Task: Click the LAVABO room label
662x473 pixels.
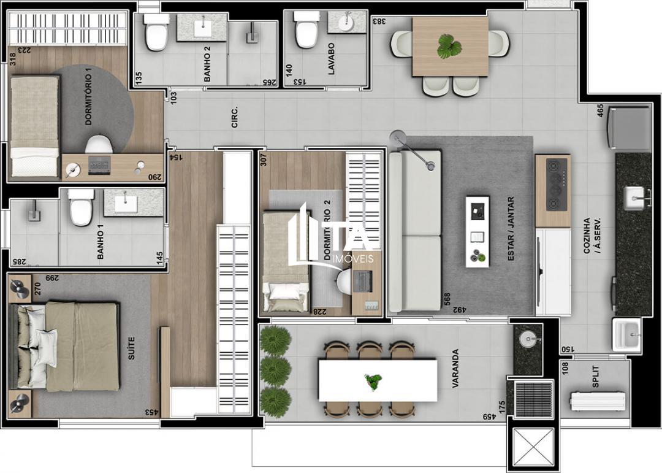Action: click(331, 58)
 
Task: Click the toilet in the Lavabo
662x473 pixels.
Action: click(305, 31)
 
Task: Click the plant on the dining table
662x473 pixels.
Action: click(450, 47)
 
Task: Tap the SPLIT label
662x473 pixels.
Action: click(596, 377)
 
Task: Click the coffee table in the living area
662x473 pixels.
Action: click(477, 231)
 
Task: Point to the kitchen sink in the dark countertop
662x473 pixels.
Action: click(634, 197)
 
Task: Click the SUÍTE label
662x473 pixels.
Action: click(131, 347)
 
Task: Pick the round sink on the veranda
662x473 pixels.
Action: click(527, 339)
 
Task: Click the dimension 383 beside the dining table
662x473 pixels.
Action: click(379, 21)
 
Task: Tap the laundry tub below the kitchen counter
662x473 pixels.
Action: click(626, 334)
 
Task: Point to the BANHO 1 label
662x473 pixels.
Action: click(101, 245)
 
